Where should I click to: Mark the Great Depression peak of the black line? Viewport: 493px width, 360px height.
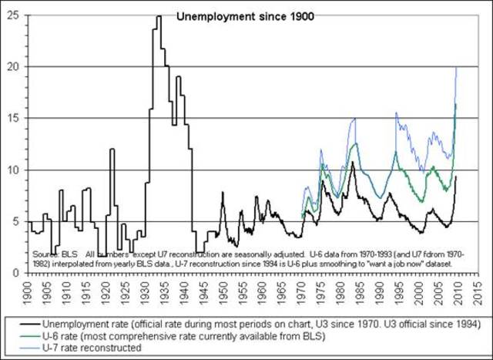point(159,16)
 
